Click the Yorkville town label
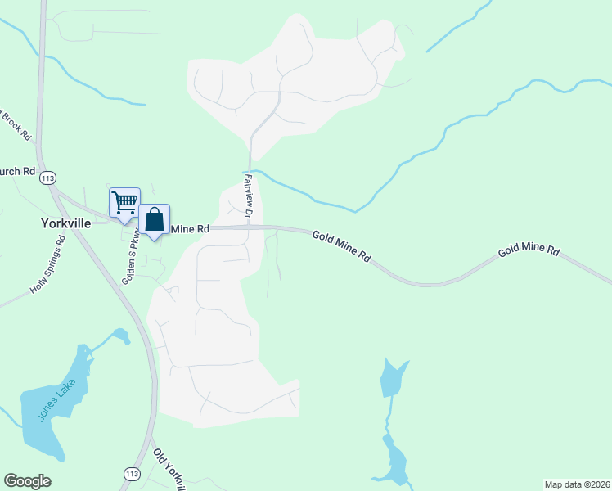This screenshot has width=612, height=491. point(65,222)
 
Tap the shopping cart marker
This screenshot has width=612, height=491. point(124,202)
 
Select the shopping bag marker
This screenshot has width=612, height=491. point(154,218)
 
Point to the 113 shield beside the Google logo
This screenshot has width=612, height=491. point(131,474)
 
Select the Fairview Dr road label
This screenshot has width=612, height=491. point(248,194)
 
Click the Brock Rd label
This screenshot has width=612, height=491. point(15,123)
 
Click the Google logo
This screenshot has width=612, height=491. point(28,481)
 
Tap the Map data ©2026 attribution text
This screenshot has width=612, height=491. point(576,484)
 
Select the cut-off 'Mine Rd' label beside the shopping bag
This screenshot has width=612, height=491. point(190,229)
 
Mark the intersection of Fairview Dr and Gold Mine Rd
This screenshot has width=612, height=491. point(250,228)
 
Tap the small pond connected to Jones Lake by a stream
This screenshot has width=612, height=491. point(121,335)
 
